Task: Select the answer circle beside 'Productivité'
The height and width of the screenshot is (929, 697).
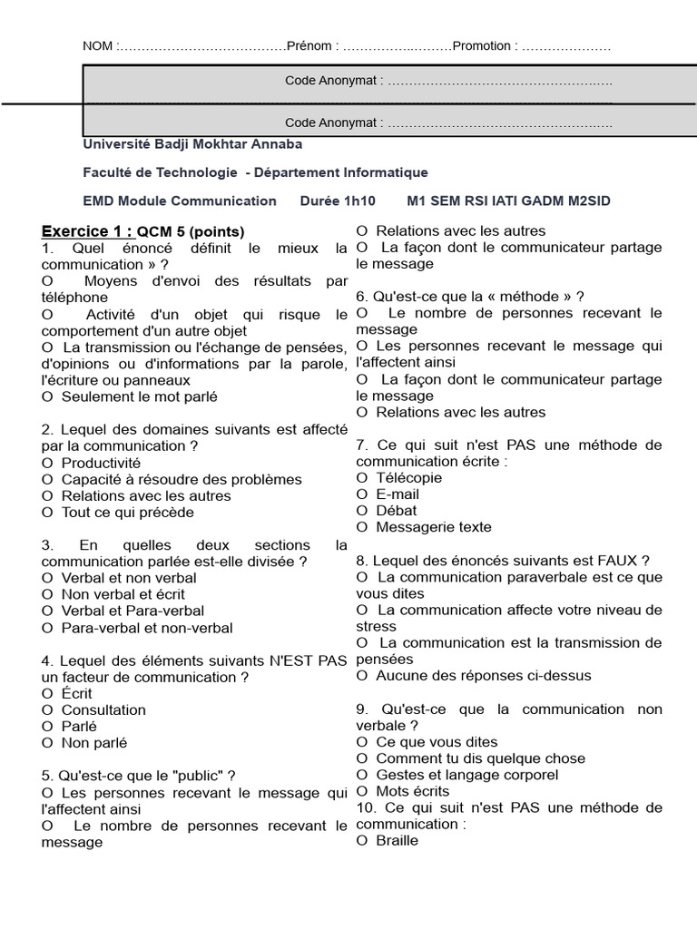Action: (x=47, y=464)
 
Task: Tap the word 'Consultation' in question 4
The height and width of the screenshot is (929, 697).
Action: (x=103, y=709)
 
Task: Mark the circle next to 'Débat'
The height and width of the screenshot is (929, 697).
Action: (x=362, y=511)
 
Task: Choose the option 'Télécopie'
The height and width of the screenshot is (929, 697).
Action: (x=408, y=477)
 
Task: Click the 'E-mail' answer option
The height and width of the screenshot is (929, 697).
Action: (x=397, y=494)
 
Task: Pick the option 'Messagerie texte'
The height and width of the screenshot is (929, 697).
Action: (x=433, y=527)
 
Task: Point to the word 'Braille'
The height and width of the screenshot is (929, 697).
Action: (x=397, y=840)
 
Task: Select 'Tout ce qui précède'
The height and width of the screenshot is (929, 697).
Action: (x=127, y=513)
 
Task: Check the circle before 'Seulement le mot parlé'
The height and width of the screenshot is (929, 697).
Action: (x=47, y=397)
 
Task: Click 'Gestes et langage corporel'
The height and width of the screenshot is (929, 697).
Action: (x=466, y=775)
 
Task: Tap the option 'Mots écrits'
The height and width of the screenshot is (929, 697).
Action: (x=413, y=791)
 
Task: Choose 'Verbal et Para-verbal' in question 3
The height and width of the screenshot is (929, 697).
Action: (x=132, y=611)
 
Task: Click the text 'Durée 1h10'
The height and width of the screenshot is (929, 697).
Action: (x=337, y=200)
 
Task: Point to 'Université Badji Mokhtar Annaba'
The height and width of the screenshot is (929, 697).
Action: (x=192, y=144)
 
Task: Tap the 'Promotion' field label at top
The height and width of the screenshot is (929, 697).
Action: (x=485, y=46)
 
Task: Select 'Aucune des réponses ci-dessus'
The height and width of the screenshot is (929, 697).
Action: (x=483, y=675)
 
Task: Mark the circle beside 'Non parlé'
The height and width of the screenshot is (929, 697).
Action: (x=47, y=743)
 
